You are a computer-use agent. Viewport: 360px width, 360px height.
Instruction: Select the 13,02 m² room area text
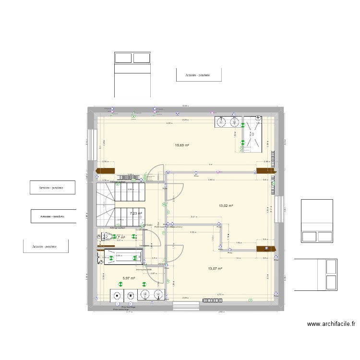tap(226, 206)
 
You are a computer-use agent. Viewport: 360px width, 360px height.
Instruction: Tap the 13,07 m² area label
tap(215, 269)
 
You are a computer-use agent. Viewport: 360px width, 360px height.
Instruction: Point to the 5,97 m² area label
tap(129, 278)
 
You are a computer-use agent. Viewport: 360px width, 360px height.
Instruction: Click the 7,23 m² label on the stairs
tap(136, 214)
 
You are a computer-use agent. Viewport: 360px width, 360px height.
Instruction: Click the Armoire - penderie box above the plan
tap(199, 75)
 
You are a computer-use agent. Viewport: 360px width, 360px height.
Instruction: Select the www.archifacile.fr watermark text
tap(331, 324)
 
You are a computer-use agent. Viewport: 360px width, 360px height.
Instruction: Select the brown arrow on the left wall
tap(106, 170)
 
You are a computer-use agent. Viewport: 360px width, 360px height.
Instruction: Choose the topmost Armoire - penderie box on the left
tap(52, 187)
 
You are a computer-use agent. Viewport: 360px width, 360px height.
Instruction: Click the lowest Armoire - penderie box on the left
tap(46, 246)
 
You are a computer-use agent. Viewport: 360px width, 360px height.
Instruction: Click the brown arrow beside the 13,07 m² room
tap(264, 248)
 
